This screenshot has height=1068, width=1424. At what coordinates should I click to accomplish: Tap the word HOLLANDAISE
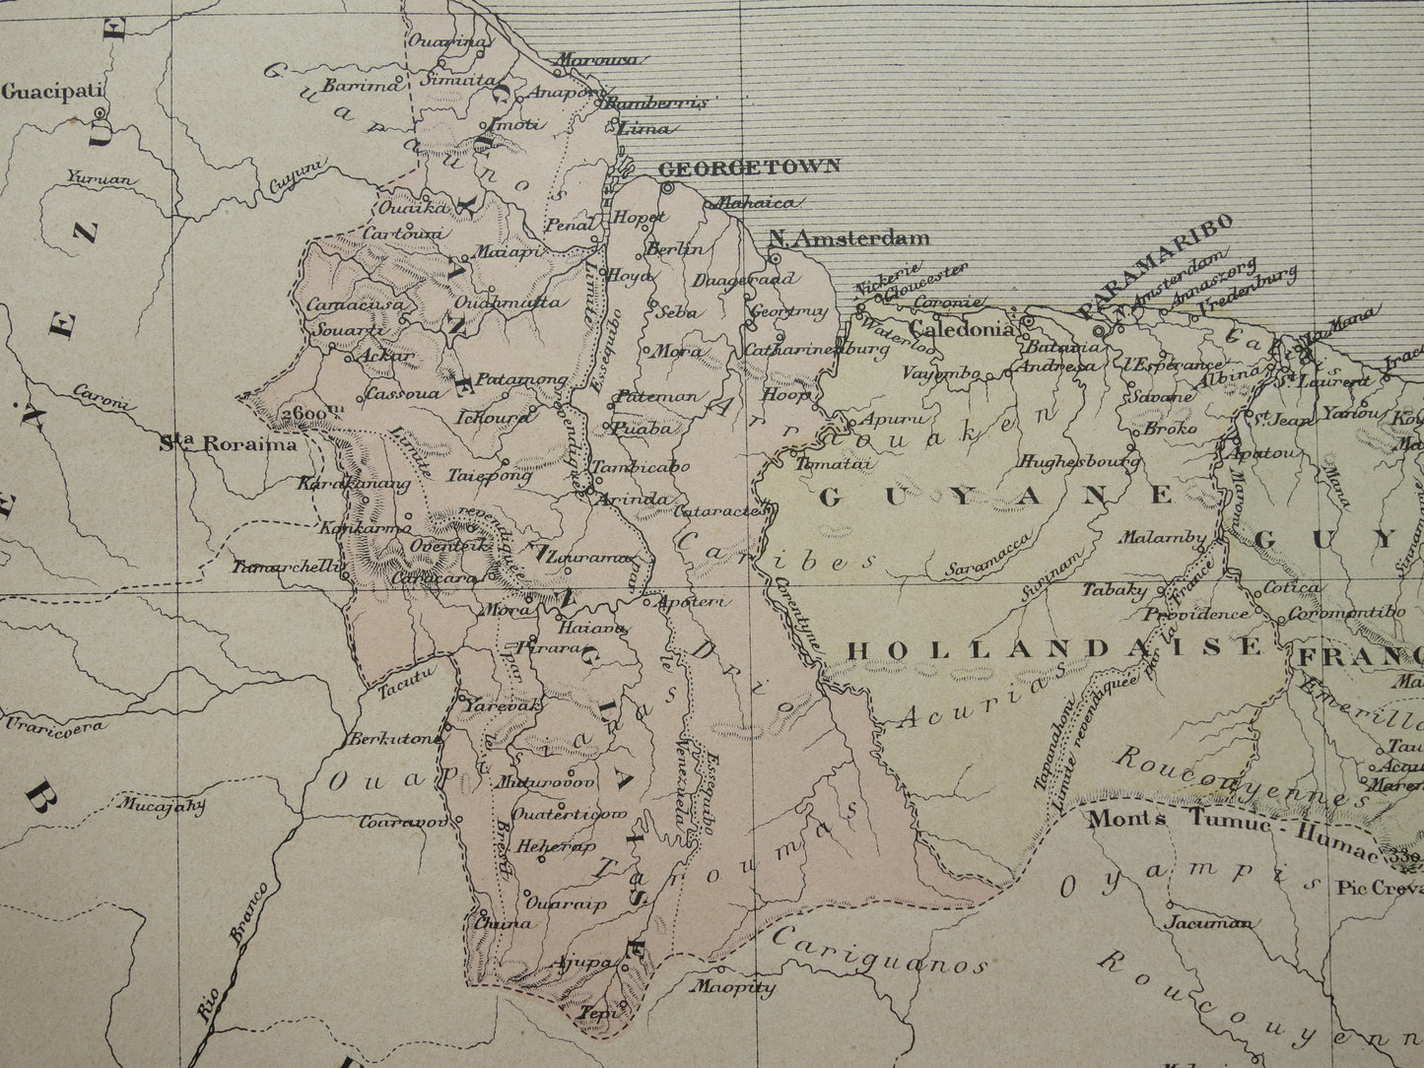coord(1054,647)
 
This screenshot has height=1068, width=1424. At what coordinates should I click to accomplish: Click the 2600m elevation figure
coord(302,414)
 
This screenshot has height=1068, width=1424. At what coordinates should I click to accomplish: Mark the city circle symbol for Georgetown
coord(667,186)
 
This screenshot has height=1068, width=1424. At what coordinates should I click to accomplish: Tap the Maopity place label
coord(733,986)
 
